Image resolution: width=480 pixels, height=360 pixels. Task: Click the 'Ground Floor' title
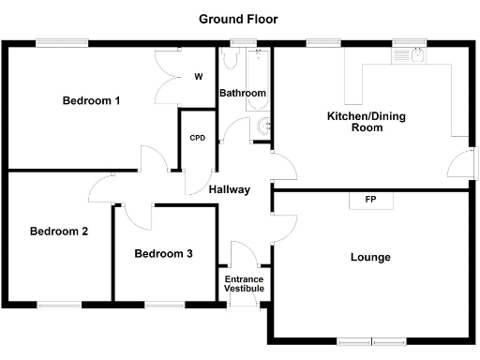click(x=238, y=19)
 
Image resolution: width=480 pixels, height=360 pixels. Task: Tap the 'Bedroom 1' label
click(x=91, y=101)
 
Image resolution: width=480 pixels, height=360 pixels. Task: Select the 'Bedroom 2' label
click(x=58, y=232)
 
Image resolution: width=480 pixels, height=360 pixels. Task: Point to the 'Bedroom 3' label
click(x=163, y=253)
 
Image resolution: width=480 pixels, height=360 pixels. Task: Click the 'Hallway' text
click(x=230, y=189)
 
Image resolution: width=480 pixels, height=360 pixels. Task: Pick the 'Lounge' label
click(x=370, y=257)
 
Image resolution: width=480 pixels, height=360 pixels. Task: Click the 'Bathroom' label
click(x=243, y=94)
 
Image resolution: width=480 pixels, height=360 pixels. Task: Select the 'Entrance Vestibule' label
click(x=243, y=284)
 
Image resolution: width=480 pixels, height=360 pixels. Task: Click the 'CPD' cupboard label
click(x=197, y=138)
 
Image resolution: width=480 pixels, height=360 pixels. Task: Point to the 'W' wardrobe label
click(x=199, y=77)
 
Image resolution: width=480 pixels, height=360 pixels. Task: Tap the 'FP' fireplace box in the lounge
click(x=370, y=200)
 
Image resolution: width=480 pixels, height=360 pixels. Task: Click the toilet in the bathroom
click(x=262, y=127)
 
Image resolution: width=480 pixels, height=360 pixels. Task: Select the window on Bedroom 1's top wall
click(x=62, y=42)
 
